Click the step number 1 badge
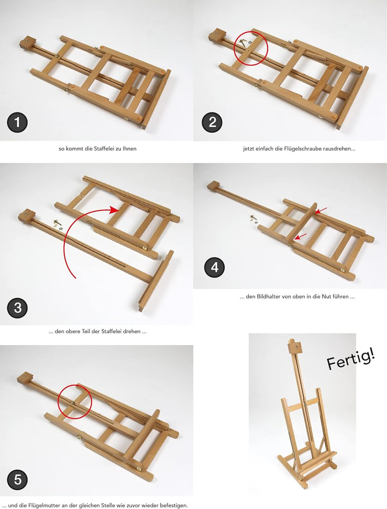17,123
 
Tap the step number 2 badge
212,123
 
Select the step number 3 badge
17,307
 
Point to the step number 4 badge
214,267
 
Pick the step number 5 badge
17,479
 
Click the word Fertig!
351,359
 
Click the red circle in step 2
250,47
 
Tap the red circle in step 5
75,402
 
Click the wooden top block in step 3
25,217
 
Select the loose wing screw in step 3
58,221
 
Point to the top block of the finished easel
292,347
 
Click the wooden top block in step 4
214,186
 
